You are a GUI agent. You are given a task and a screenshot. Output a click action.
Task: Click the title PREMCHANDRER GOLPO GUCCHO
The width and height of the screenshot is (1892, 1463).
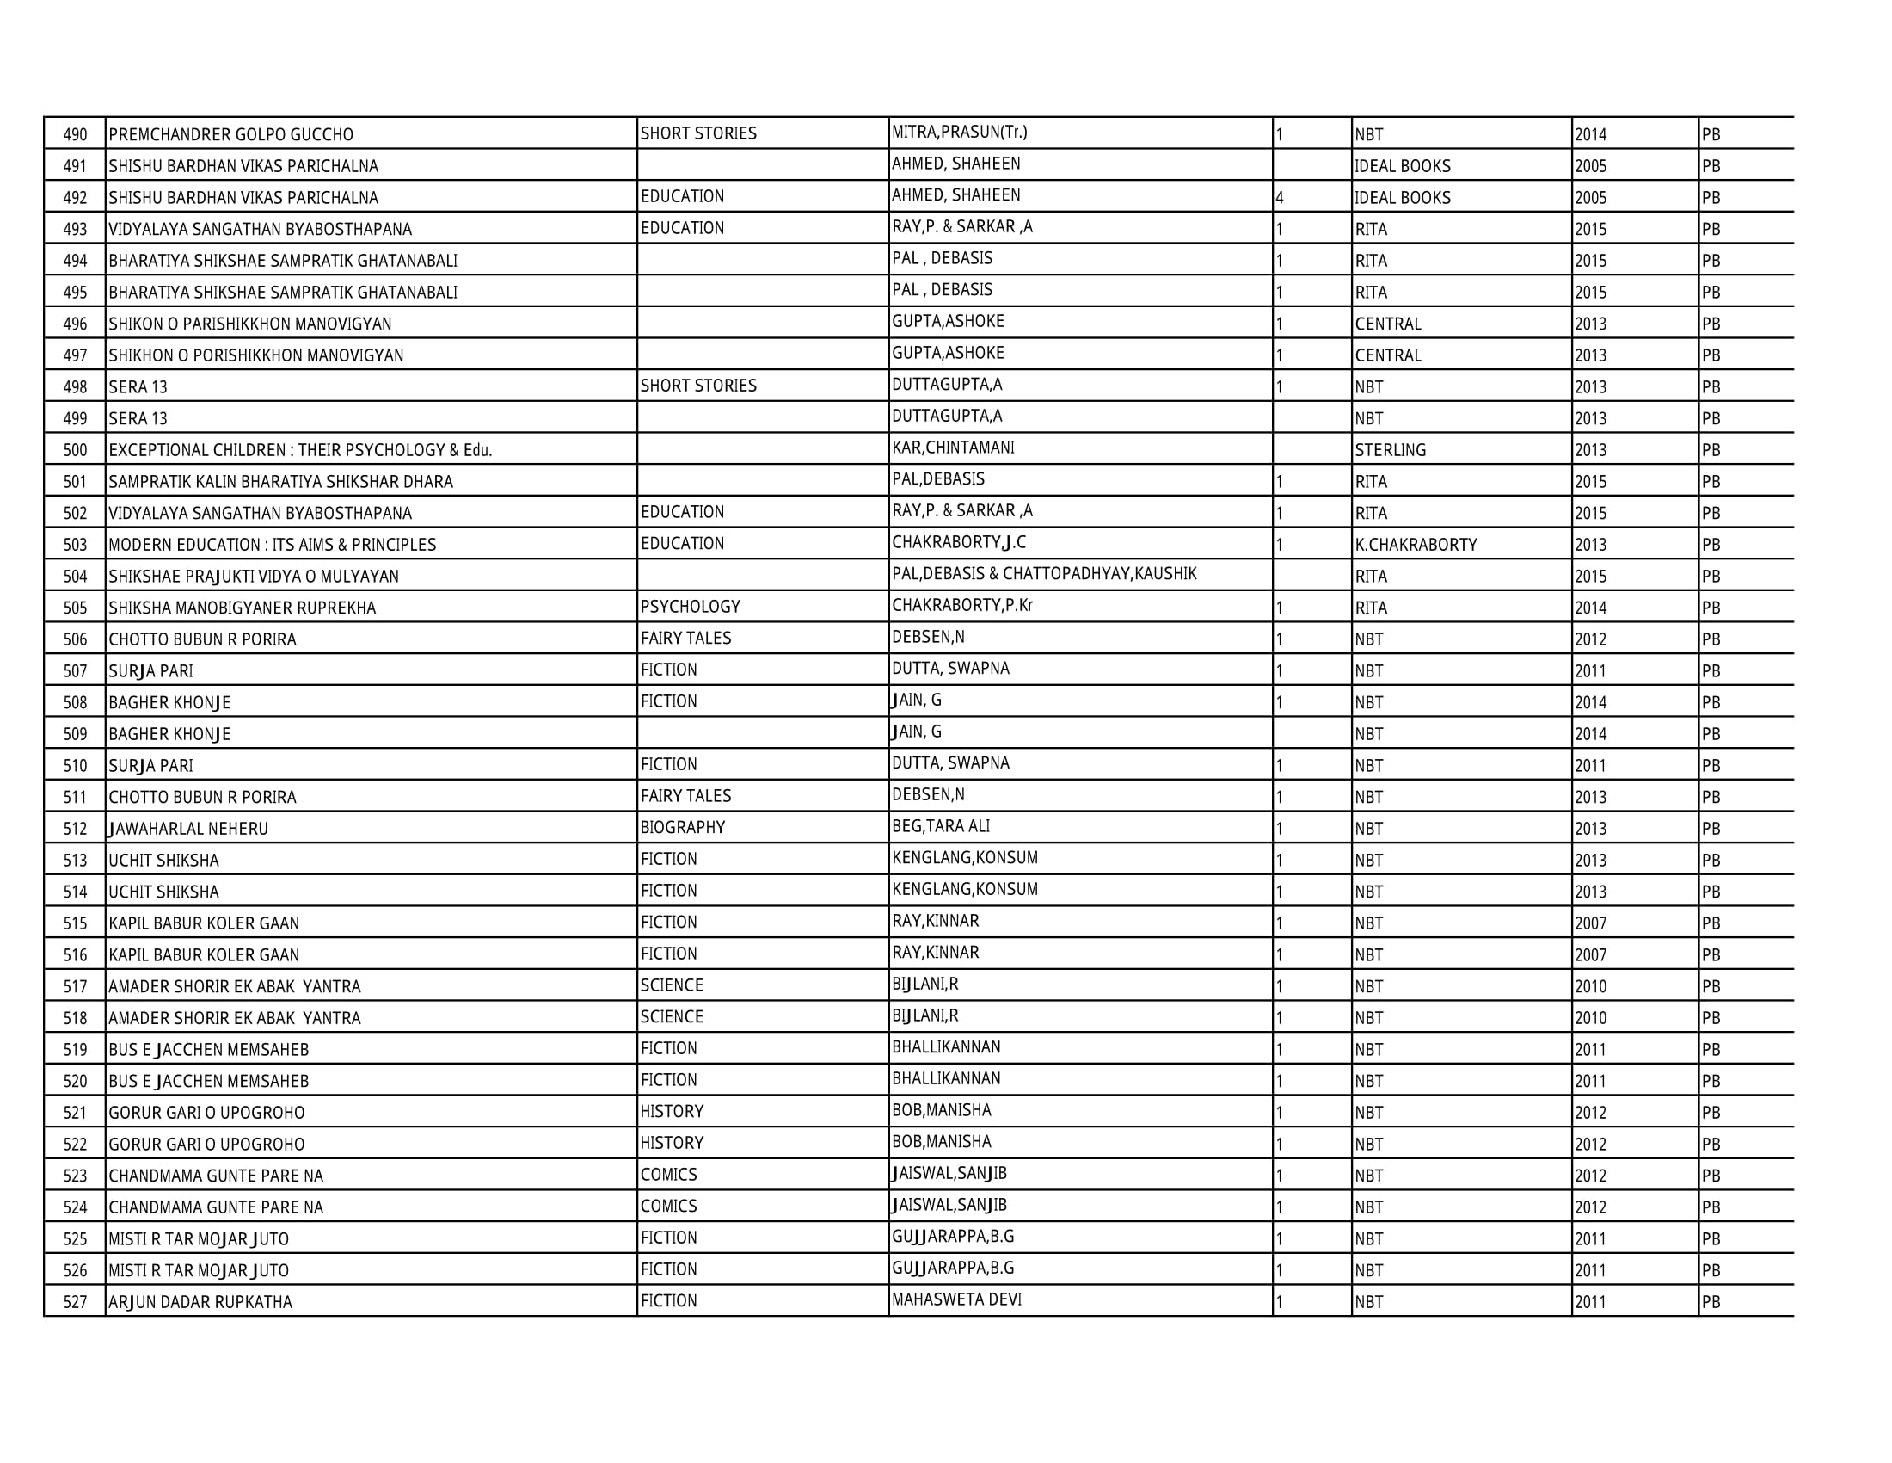[x=231, y=135]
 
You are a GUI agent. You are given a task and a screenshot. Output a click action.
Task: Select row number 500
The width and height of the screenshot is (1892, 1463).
[x=76, y=451]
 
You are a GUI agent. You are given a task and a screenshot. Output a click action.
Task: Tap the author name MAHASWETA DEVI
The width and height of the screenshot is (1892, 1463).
[x=956, y=1300]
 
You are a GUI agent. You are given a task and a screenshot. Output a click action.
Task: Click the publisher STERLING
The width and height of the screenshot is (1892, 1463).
[x=1391, y=451]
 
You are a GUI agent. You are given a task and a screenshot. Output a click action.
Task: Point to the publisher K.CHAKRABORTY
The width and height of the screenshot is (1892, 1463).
[x=1416, y=545]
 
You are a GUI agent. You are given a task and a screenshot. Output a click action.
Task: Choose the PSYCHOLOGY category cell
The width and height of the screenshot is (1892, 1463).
[x=691, y=608]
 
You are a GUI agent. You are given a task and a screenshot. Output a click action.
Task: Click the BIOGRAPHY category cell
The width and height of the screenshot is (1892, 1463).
[x=683, y=828]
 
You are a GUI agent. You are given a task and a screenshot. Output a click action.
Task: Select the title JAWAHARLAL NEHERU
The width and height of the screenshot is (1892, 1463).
[x=189, y=830]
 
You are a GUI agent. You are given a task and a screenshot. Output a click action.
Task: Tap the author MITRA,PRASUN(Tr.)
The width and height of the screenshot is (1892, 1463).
[x=960, y=133]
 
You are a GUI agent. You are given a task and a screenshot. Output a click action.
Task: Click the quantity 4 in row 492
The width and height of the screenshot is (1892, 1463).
[x=1280, y=199]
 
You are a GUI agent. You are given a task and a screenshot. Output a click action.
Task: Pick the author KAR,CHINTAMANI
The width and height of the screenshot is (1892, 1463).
[x=953, y=448]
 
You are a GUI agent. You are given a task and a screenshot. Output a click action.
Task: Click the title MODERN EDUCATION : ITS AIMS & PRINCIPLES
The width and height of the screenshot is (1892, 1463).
[x=273, y=545]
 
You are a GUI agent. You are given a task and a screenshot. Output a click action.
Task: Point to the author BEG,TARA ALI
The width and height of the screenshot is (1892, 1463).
[x=941, y=827]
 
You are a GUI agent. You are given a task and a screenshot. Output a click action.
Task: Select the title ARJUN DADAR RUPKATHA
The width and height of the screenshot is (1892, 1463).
[x=201, y=1303]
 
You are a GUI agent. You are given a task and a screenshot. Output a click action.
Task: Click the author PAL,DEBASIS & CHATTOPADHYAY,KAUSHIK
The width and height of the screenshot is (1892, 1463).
[x=1044, y=574]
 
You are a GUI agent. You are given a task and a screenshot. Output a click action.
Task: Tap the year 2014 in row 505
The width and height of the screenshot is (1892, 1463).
[x=1590, y=608]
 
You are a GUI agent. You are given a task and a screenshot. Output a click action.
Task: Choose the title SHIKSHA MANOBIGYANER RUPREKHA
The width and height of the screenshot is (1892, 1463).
[x=243, y=608]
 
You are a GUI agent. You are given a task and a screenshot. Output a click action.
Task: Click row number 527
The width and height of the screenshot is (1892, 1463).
[x=76, y=1303]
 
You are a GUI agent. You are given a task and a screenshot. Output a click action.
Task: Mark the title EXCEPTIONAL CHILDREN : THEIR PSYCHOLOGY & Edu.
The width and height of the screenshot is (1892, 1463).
[x=301, y=451]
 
